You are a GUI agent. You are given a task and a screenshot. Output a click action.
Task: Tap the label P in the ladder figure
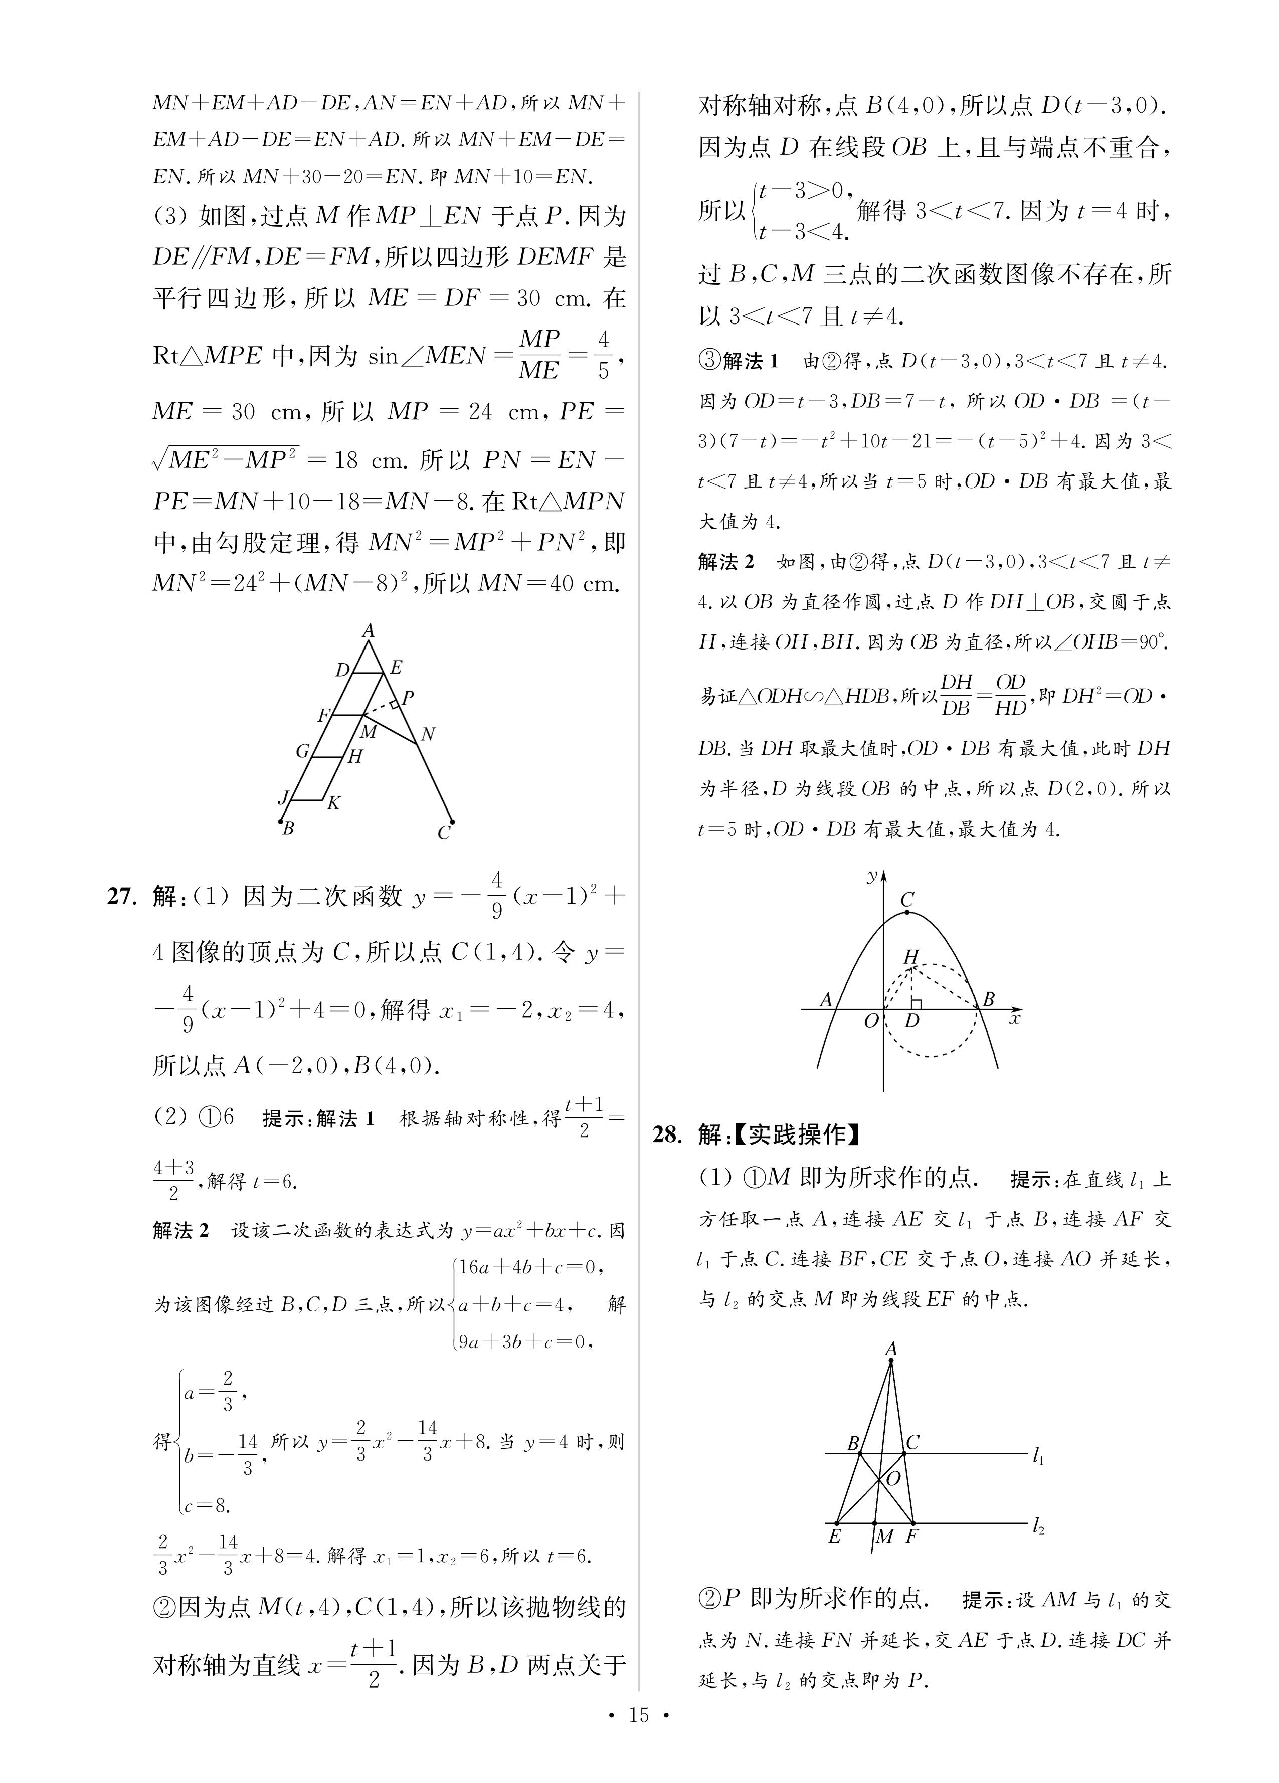tap(407, 697)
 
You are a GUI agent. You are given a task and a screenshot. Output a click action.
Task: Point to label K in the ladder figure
tap(333, 802)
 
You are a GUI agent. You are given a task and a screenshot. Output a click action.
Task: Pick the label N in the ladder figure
tap(428, 734)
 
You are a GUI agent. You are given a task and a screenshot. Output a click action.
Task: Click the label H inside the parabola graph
tap(911, 957)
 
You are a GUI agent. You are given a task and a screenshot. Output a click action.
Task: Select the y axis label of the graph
tap(871, 876)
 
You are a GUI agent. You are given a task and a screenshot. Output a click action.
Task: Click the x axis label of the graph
tap(1015, 1019)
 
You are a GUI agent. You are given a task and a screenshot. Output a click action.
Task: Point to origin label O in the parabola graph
tap(871, 1022)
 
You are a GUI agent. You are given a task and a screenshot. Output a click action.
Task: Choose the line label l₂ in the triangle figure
tap(1038, 1527)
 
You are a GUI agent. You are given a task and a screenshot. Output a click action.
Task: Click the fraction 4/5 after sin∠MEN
tap(603, 355)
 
